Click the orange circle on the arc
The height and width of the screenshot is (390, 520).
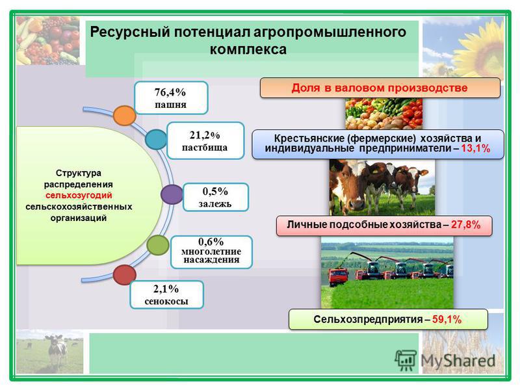[124, 116]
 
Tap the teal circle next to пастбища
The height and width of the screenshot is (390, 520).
[156, 139]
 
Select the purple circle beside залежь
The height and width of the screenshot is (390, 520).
[172, 194]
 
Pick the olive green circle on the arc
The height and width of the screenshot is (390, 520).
[158, 245]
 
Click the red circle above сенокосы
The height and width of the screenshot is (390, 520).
[124, 275]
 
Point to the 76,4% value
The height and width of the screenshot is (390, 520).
[170, 92]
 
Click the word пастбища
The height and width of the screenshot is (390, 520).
[205, 148]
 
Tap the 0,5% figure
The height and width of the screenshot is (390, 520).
[215, 191]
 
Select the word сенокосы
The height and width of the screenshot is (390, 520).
[166, 302]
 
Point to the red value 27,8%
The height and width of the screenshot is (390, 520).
[465, 225]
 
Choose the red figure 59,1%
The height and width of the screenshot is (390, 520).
[447, 319]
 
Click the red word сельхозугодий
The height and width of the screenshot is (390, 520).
[79, 196]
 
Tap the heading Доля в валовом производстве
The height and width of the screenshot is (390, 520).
[380, 88]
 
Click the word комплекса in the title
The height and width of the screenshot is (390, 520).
[248, 49]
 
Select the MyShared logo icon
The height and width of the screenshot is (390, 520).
[405, 360]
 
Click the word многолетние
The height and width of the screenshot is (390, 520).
[211, 252]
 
